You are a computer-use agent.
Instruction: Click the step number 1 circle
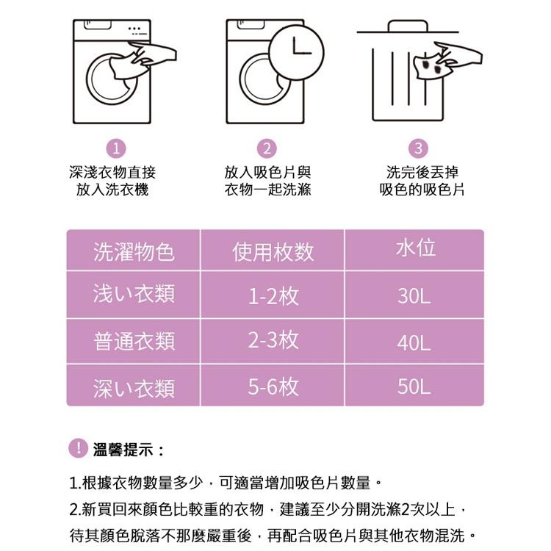pos(115,148)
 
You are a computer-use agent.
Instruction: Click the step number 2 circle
pos(268,148)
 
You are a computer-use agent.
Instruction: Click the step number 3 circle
pos(418,148)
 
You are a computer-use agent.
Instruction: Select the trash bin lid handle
pos(408,26)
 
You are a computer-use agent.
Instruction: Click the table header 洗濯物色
pos(134,252)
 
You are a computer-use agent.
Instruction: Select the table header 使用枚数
pos(273,252)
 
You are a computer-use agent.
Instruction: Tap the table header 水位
pos(415,248)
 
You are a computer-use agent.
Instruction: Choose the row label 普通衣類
pos(134,341)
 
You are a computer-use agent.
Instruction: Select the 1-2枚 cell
pos(273,296)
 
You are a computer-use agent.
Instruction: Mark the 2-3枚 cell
pos(273,340)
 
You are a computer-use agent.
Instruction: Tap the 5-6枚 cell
pos(273,386)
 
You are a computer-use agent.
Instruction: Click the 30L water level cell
pos(414,296)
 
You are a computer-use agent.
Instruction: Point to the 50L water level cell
pos(414,387)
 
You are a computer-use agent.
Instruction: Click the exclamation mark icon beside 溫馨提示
pos(77,447)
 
